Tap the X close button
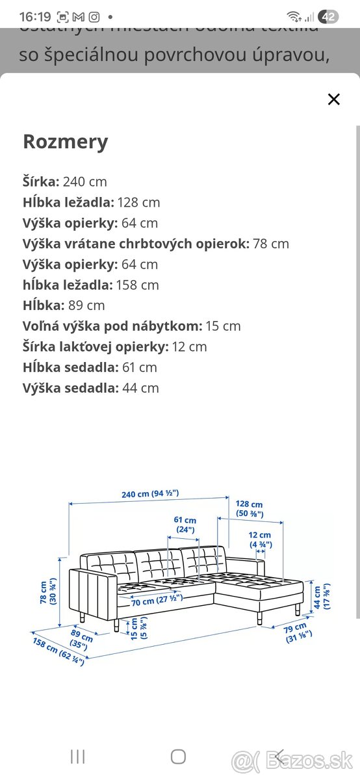tap(333, 99)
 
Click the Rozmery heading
tap(65, 142)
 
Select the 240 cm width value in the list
tap(85, 182)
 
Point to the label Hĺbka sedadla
tap(71, 367)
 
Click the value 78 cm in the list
tap(271, 244)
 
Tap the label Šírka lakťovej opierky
tap(96, 346)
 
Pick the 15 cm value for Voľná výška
tap(223, 326)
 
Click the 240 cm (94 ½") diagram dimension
tap(150, 494)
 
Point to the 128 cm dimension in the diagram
tap(250, 509)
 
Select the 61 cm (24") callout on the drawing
tap(185, 525)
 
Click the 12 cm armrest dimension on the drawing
tap(260, 539)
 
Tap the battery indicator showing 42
tap(329, 17)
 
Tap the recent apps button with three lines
tap(77, 756)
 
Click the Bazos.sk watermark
tap(296, 759)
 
